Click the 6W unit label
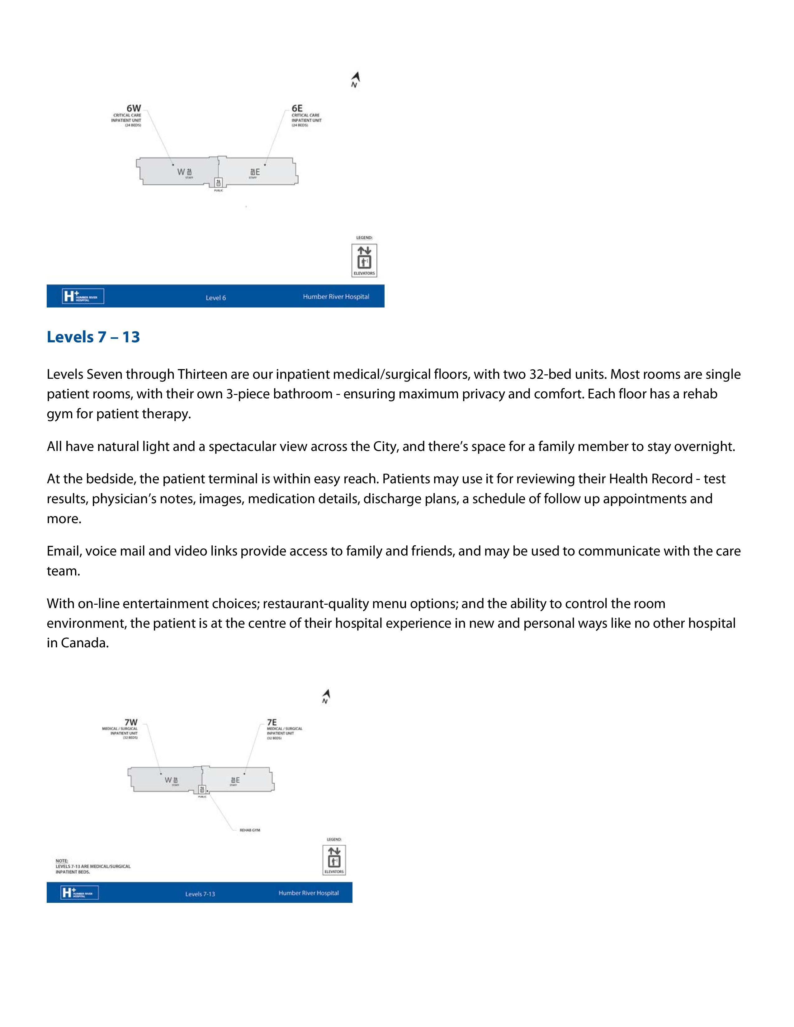[134, 109]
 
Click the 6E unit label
[297, 109]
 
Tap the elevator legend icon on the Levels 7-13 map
[334, 860]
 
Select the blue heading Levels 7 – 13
[93, 337]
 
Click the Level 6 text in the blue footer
[216, 298]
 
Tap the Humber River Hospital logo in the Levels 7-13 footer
[79, 893]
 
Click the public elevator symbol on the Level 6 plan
[218, 182]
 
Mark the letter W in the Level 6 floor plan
[181, 172]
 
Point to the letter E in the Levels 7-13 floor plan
[238, 780]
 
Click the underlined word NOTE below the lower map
[62, 861]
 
